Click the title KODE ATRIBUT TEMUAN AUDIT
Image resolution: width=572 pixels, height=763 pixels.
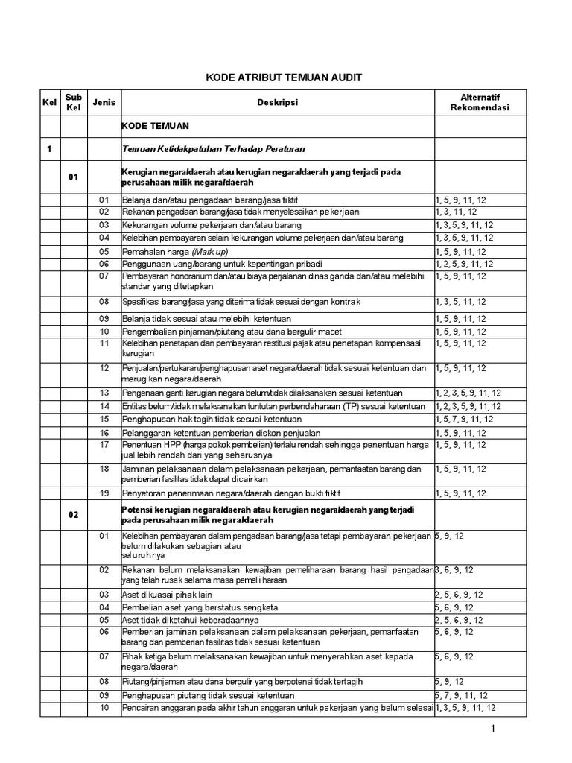point(283,78)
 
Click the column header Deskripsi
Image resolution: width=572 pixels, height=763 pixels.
point(277,103)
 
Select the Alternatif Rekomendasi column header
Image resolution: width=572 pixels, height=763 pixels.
point(480,103)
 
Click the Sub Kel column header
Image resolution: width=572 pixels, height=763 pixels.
point(74,103)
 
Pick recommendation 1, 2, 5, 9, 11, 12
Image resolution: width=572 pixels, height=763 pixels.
point(464,264)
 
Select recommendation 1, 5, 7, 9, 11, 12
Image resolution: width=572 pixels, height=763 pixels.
point(464,420)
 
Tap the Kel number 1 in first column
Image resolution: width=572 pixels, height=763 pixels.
point(49,149)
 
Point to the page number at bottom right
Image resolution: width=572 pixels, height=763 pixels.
point(492,728)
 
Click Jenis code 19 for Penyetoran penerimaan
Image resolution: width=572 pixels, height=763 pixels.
point(104,493)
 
